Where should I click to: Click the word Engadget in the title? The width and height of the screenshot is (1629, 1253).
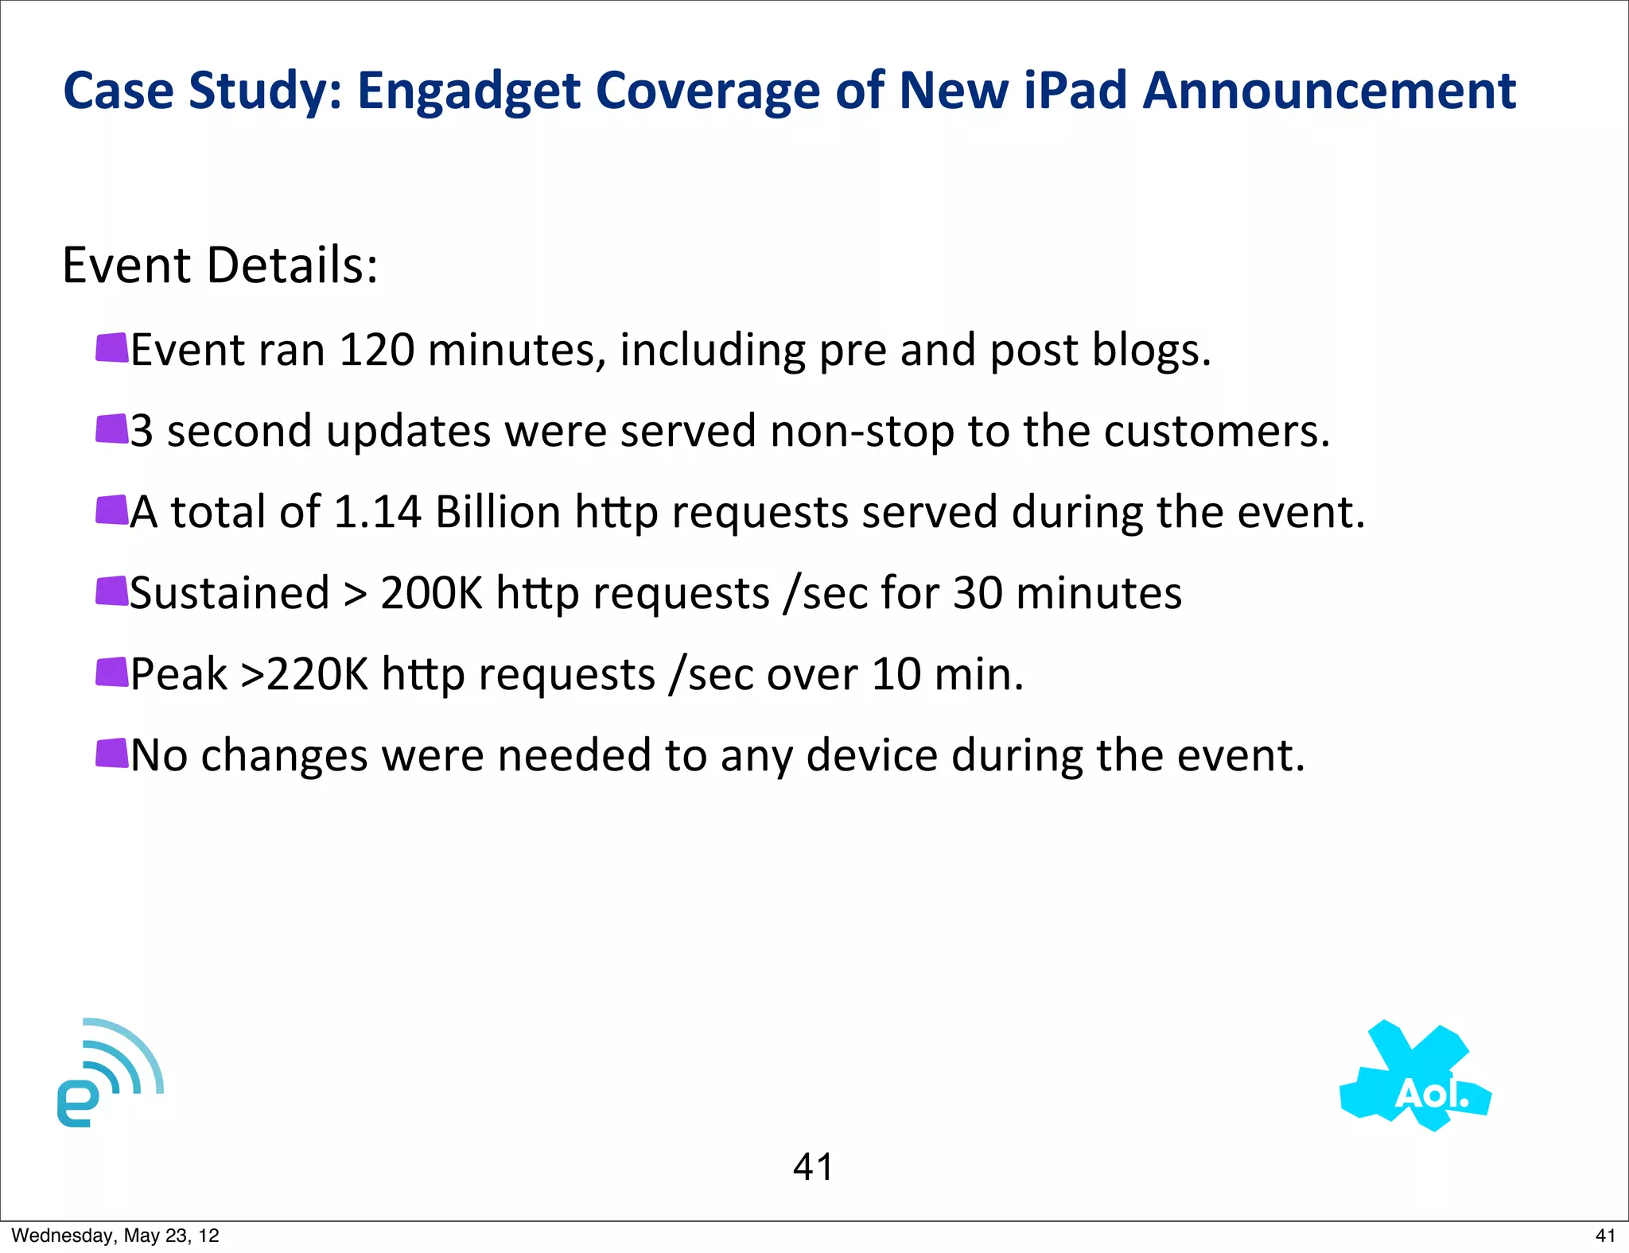[x=469, y=91]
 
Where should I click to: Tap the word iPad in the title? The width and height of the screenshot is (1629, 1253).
[x=1075, y=91]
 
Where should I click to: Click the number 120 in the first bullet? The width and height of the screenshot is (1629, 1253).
[x=376, y=350]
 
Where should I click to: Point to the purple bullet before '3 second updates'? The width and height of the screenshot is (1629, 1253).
[x=111, y=429]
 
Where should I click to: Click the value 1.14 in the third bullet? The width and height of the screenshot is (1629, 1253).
[x=377, y=512]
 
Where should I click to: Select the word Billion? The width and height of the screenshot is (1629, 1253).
[x=498, y=512]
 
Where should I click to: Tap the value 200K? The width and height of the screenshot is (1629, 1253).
[x=431, y=593]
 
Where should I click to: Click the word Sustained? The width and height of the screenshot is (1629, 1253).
[x=229, y=593]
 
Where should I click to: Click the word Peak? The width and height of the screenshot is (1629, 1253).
[x=179, y=674]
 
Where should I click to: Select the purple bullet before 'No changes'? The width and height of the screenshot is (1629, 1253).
[x=111, y=754]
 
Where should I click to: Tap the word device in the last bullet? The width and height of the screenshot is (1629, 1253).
[x=872, y=755]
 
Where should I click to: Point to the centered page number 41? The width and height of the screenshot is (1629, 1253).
[x=813, y=1167]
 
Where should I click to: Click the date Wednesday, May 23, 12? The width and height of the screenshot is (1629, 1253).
[x=115, y=1236]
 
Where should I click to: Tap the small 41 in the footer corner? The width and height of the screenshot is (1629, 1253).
[x=1605, y=1236]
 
